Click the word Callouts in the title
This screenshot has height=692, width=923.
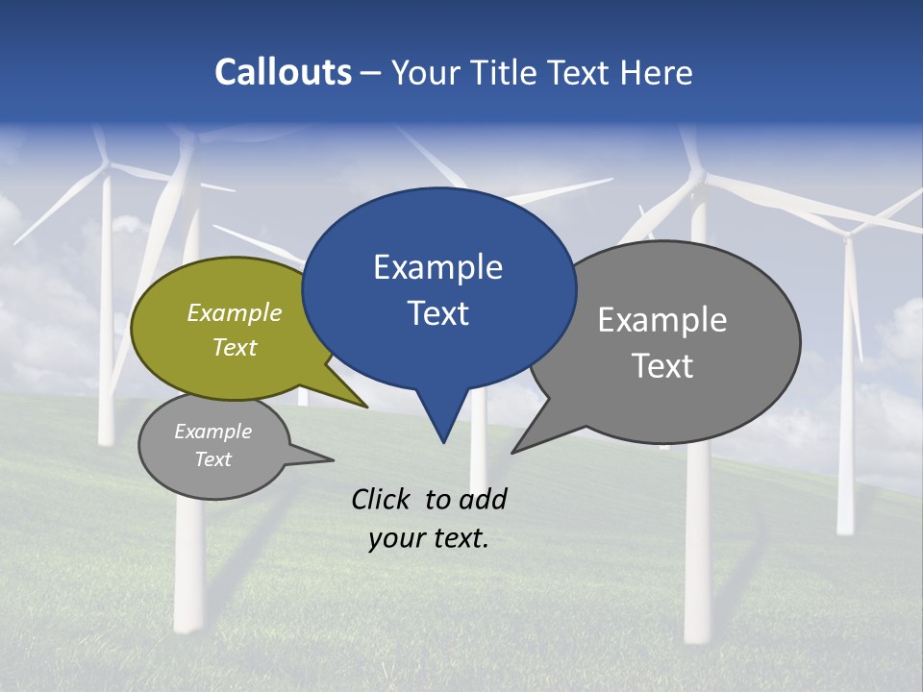283,72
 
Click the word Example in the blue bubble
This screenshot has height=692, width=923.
437,267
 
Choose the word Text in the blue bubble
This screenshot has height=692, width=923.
437,313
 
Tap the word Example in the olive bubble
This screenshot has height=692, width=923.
234,312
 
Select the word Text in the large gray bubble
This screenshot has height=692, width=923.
662,365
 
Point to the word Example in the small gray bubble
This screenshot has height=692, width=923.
212,432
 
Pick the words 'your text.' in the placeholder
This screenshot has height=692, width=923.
429,539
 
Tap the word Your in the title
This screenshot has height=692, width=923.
426,72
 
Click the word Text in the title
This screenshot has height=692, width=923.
575,72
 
